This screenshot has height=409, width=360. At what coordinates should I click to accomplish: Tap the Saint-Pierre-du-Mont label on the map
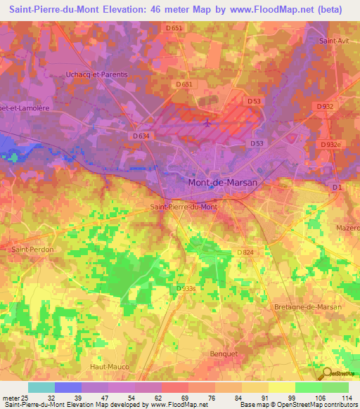(x=184, y=207)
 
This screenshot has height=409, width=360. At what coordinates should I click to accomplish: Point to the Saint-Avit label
(x=335, y=41)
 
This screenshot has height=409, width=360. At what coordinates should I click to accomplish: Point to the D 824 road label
(x=245, y=252)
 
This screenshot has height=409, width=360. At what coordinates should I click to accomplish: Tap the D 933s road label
(x=186, y=288)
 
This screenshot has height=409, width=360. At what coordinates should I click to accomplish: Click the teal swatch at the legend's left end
(x=41, y=387)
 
